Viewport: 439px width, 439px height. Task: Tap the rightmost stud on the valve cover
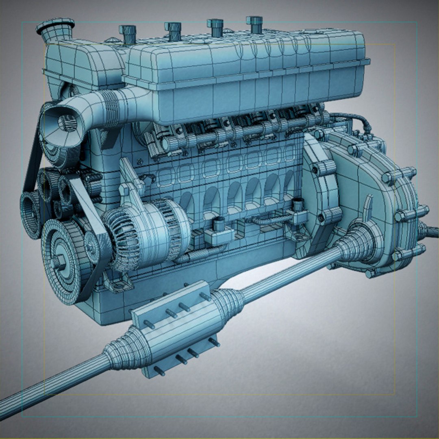point(255,24)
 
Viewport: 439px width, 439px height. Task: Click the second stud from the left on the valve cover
point(173,31)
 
